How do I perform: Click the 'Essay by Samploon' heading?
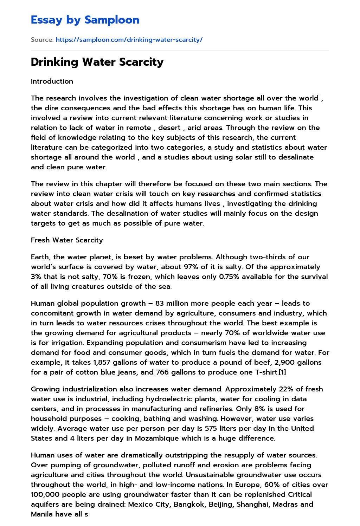point(85,20)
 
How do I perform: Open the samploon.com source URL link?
point(129,40)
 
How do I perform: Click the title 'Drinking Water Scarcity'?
point(97,62)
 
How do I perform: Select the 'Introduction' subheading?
point(52,81)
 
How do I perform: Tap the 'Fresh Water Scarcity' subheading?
point(67,240)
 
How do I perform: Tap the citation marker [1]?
point(282,372)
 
